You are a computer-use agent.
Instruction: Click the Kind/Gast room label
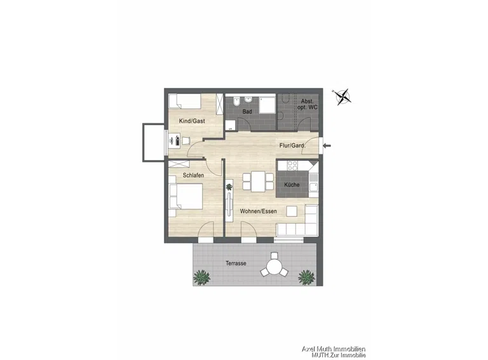click(x=192, y=121)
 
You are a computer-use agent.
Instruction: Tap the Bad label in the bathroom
click(x=247, y=111)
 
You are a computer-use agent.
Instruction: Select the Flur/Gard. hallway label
click(x=292, y=145)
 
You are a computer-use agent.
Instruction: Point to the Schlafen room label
click(x=193, y=175)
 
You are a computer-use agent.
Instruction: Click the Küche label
click(x=292, y=185)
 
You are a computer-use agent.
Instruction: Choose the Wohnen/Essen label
click(x=259, y=211)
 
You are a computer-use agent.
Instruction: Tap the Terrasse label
click(x=236, y=263)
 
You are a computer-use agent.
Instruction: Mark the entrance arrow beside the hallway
click(x=327, y=145)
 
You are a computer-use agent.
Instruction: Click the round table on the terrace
click(x=274, y=267)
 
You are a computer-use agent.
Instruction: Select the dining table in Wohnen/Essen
click(x=258, y=182)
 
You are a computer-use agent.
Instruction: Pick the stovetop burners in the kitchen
click(x=292, y=165)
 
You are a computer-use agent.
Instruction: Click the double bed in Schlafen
click(x=186, y=196)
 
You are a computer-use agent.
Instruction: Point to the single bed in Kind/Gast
click(x=184, y=102)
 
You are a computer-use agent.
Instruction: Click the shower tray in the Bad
click(x=268, y=105)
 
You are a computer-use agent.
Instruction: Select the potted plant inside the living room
click(x=229, y=187)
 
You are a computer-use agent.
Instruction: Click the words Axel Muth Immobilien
click(x=334, y=349)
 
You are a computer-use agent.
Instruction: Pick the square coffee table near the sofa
click(x=292, y=211)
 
